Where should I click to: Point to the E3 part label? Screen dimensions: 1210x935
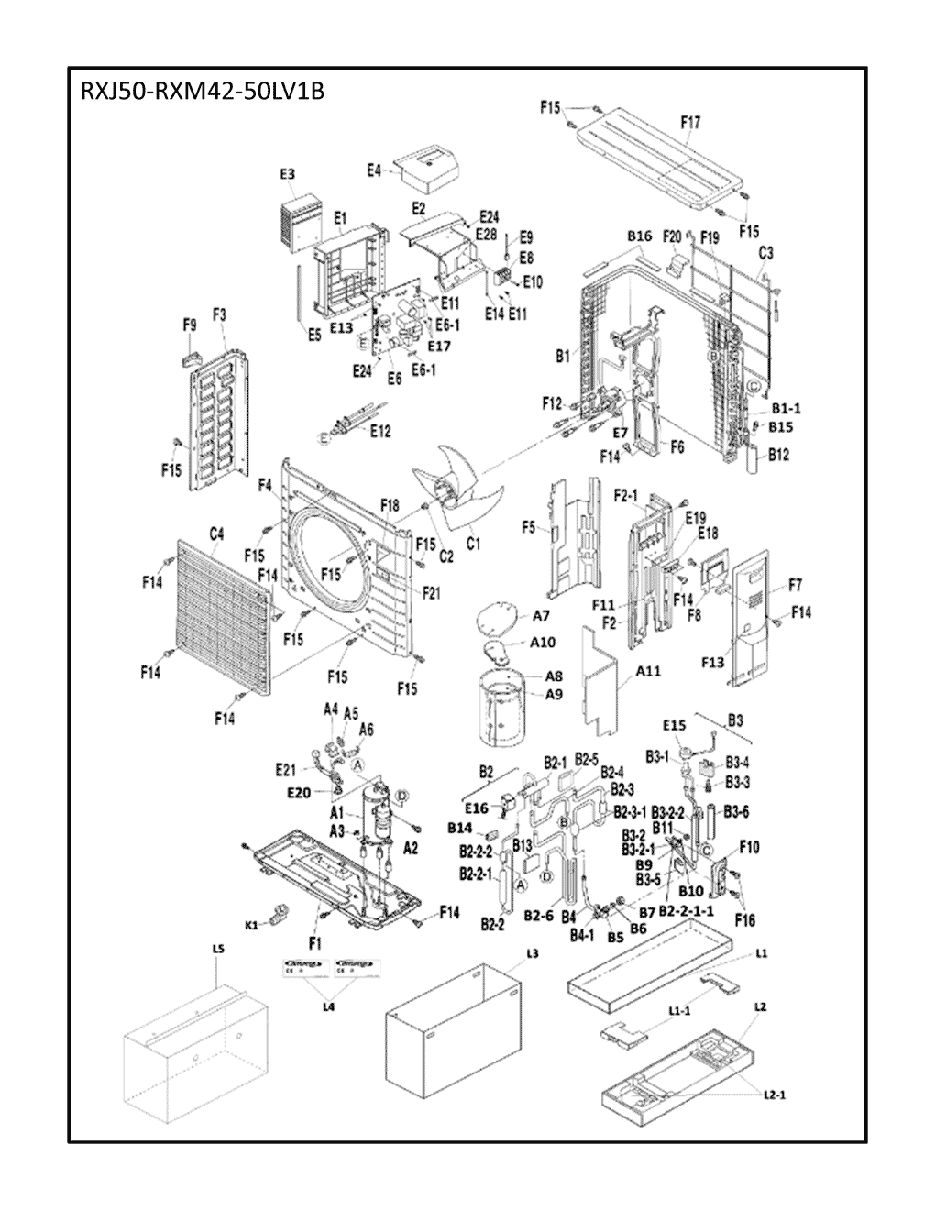coord(287,173)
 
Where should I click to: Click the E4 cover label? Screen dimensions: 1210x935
coord(374,170)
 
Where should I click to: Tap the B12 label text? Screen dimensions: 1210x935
coord(779,454)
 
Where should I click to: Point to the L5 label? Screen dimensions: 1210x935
coord(217,953)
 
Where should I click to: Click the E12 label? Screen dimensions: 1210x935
coord(379,431)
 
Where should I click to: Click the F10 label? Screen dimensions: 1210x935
coord(749,847)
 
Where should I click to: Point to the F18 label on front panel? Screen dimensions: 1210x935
coord(389,506)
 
